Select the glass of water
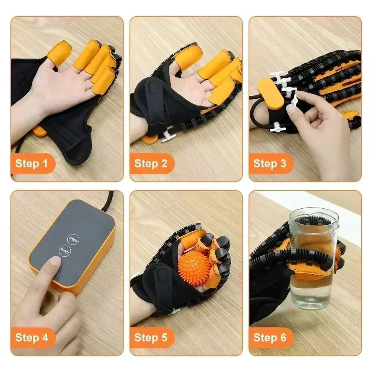(x=312, y=260)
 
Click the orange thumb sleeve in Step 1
(x=60, y=52)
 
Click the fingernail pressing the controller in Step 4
(x=55, y=261)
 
